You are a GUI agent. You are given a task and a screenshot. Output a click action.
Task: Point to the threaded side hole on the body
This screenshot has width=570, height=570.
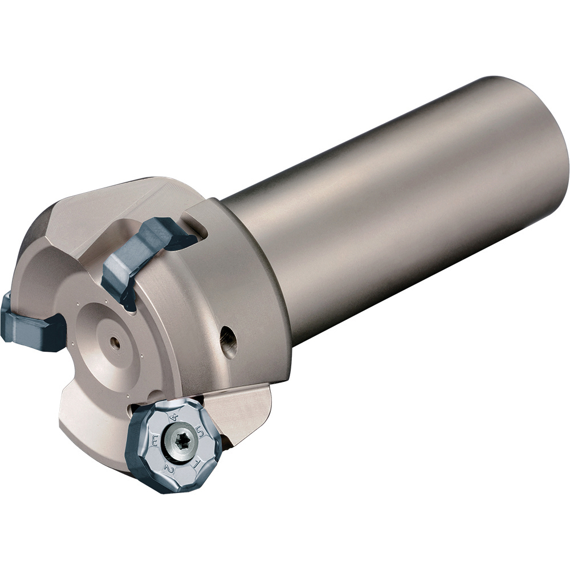229,341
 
